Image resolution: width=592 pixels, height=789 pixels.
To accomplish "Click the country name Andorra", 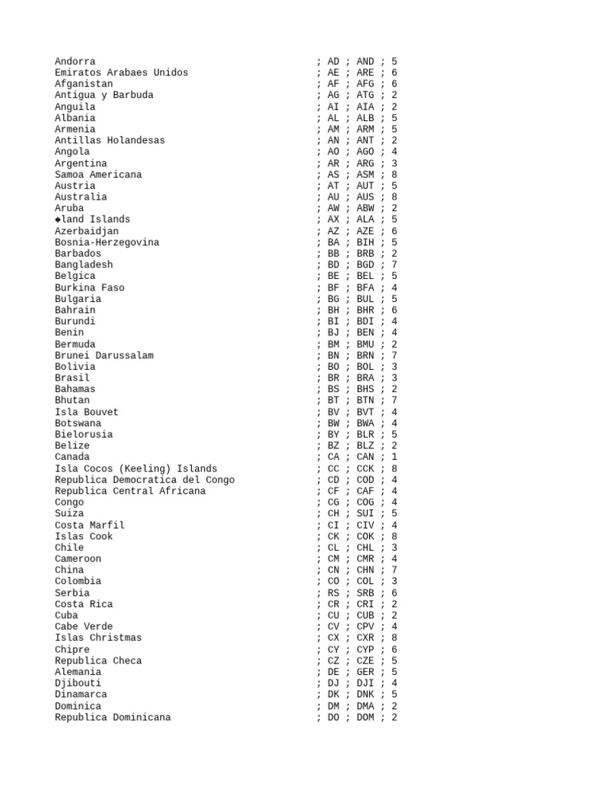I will [75, 62].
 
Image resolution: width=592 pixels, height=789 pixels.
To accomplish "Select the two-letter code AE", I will [333, 72].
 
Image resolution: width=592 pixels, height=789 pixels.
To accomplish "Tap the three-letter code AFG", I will [365, 84].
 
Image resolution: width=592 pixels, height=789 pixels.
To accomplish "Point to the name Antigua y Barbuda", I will [103, 96].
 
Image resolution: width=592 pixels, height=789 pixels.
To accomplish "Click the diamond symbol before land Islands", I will [58, 220].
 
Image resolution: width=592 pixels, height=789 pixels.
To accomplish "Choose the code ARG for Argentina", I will [365, 163].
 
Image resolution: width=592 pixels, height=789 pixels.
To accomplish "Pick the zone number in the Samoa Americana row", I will [395, 175].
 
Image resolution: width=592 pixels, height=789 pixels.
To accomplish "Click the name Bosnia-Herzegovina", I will [106, 243].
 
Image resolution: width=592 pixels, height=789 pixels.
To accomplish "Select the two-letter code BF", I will [333, 288].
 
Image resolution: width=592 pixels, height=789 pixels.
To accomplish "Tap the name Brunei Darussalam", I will [103, 356].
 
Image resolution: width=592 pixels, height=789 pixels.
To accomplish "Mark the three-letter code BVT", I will [365, 412].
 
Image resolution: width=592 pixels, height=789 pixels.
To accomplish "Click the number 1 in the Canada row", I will [395, 457].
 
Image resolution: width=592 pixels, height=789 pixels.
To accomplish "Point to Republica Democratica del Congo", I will [144, 480].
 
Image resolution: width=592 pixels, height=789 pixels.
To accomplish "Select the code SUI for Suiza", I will [365, 514].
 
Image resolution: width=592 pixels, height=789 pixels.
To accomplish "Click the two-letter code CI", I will [333, 525].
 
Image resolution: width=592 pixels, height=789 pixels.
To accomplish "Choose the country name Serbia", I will [72, 593].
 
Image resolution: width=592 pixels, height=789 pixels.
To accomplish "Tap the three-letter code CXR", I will [365, 638].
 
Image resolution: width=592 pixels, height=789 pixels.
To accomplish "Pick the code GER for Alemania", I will [365, 672].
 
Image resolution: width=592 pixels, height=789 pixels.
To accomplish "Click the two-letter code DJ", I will [333, 683].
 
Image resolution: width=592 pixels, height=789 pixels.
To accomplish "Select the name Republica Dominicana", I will [113, 717].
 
